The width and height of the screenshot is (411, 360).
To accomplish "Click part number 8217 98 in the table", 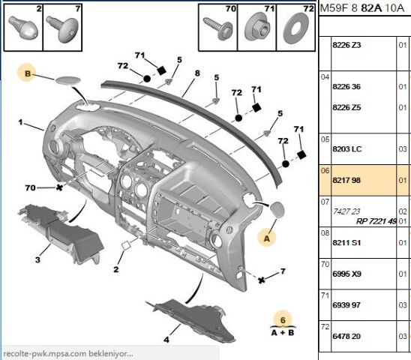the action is point(346,180).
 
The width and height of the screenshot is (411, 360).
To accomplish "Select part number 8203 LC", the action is point(346,149).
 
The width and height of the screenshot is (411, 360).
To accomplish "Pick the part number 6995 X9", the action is point(346,274).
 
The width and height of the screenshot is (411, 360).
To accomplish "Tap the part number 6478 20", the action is point(346,336).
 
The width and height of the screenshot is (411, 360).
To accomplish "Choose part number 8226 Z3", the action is point(346,45).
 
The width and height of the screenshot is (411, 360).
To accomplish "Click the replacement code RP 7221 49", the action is point(376,221).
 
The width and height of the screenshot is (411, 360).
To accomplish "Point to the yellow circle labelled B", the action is point(28,73).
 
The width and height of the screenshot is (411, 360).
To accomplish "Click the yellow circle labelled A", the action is point(266,238).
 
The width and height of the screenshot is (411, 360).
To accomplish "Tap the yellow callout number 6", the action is point(283,320).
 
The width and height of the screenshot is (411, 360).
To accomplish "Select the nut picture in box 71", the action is point(256,27).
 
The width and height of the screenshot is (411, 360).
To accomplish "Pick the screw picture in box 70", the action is point(218,28).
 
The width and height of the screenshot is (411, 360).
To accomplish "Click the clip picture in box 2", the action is point(23,28).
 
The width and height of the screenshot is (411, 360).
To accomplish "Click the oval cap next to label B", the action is point(67,80).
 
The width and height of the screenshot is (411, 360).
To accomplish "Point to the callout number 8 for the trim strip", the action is point(197,73).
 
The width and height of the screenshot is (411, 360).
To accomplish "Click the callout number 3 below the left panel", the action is point(37,259).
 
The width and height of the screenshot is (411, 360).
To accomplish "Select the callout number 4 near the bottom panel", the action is point(166,340).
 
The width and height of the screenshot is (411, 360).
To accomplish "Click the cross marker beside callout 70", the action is point(60,187).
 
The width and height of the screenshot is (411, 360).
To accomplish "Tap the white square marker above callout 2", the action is point(126,245).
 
